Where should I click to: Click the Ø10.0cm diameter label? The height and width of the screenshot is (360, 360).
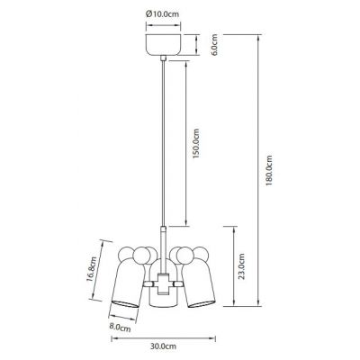[x=162, y=14]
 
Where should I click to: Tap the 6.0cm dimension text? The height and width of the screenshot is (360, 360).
[x=214, y=45]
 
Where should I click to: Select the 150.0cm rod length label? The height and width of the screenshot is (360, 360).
[x=195, y=143]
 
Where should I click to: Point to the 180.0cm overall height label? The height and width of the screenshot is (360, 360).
[x=269, y=170]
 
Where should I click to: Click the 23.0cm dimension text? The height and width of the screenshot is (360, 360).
[x=241, y=266]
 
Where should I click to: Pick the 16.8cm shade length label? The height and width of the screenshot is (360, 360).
[x=92, y=269]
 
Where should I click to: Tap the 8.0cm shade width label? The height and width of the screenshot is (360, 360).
[x=120, y=328]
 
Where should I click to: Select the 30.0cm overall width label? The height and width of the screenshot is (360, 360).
[x=163, y=346]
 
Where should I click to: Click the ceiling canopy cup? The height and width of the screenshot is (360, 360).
[x=163, y=45]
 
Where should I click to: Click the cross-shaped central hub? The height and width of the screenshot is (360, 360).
[x=163, y=283]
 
